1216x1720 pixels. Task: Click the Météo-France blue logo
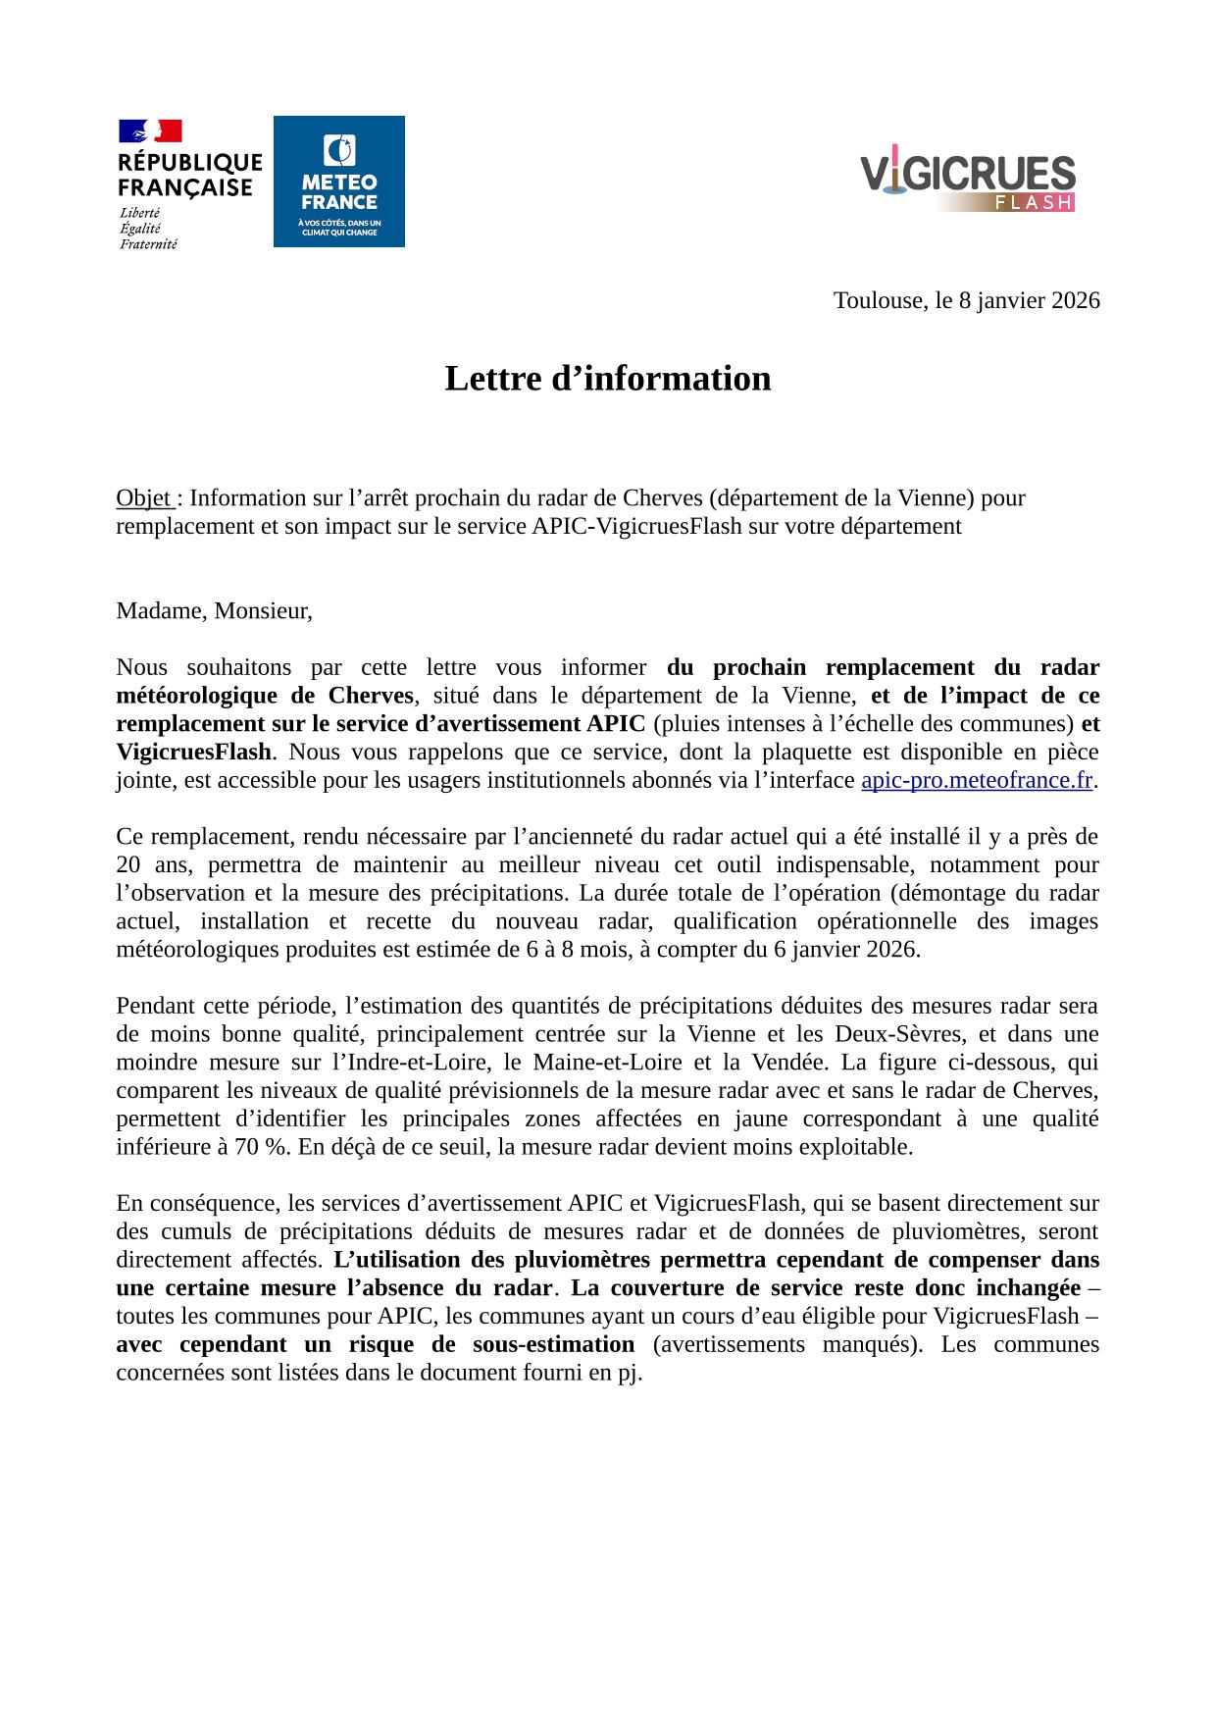point(338,182)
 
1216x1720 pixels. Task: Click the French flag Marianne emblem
point(150,130)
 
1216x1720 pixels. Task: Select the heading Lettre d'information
point(608,379)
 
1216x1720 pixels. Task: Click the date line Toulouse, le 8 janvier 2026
point(966,300)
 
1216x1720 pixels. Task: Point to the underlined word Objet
point(143,498)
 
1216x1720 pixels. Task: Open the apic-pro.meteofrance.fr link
point(976,781)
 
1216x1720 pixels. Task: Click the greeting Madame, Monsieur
point(214,611)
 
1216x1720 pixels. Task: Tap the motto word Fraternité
point(148,243)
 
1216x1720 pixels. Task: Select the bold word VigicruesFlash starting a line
point(193,753)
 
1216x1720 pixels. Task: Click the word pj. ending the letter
point(629,1373)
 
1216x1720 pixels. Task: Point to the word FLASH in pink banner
point(1032,203)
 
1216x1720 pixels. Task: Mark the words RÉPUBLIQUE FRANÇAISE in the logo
point(190,174)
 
